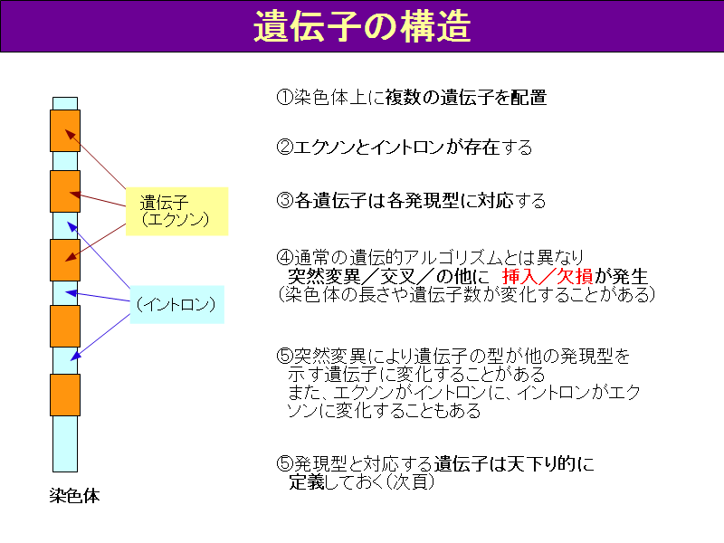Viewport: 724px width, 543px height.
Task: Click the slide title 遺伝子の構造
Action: [362, 26]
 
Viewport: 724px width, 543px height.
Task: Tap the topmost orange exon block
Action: [65, 130]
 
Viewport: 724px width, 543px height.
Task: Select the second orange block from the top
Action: [65, 192]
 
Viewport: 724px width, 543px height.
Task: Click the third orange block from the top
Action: [65, 260]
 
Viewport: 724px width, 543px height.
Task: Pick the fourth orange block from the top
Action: [65, 326]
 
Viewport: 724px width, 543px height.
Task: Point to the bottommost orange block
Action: [65, 395]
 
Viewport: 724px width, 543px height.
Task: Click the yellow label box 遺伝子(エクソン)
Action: [176, 212]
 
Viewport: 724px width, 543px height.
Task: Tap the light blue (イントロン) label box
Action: [176, 304]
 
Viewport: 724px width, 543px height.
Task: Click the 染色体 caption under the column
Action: [74, 496]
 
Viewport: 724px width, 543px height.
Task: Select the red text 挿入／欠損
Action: [548, 276]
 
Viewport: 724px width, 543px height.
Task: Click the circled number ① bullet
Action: [284, 98]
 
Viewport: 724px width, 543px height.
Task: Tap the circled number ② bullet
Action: [284, 148]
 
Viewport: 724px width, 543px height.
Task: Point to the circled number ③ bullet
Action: [284, 200]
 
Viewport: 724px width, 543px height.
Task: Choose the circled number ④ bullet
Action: [284, 257]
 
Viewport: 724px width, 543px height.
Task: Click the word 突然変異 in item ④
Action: [324, 276]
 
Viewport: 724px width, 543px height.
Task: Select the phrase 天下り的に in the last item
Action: [550, 463]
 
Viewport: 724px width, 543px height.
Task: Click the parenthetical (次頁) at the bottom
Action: [410, 481]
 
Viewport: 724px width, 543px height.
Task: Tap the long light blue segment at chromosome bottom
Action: [65, 443]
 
